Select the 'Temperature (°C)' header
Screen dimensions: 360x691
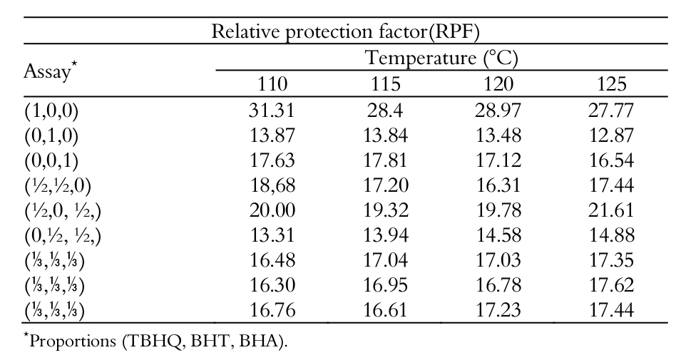coord(441,58)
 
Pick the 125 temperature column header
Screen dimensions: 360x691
coord(612,84)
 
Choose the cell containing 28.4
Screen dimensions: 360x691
coord(385,110)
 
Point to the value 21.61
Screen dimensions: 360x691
coord(612,211)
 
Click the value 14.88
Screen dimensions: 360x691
coord(612,236)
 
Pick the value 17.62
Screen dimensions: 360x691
coord(612,286)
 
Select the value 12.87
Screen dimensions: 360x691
coord(612,135)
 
